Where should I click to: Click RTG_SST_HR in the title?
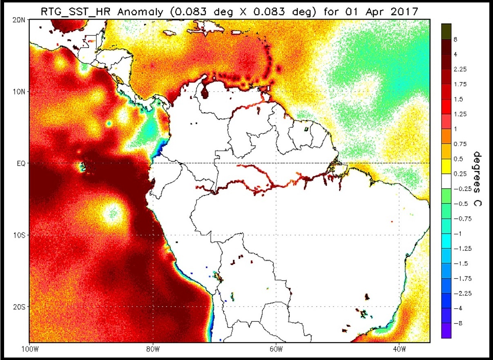(76, 12)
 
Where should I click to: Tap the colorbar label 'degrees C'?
(477, 179)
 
